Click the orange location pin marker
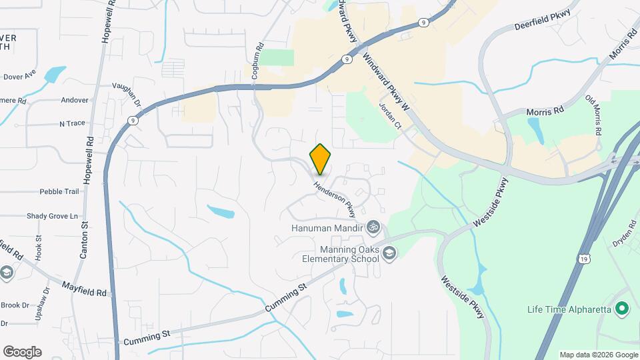pos(320,159)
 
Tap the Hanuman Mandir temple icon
pos(373,228)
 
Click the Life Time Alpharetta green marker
pos(621,309)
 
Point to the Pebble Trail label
pos(59,192)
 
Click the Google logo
pos(22,352)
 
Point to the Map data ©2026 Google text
pos(598,355)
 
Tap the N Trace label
pos(73,123)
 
